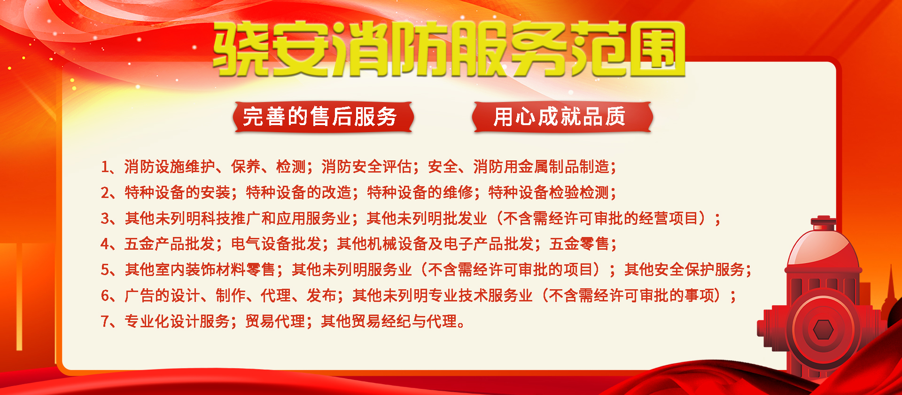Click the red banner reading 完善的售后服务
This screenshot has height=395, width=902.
click(323, 117)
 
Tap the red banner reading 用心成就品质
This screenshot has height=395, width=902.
click(562, 117)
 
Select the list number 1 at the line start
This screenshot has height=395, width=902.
click(106, 167)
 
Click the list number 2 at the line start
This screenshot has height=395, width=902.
click(106, 193)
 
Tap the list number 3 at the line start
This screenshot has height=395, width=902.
click(106, 219)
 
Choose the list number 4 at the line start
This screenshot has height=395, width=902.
click(106, 244)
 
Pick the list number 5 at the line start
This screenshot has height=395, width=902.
click(106, 270)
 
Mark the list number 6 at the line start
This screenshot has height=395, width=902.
click(106, 296)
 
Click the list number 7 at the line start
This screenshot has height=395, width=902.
click(106, 322)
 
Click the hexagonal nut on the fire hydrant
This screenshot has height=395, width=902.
click(823, 329)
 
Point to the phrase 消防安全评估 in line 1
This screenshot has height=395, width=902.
click(366, 167)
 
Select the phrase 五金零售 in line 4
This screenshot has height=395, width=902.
click(579, 244)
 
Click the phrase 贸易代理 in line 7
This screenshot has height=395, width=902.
click(275, 322)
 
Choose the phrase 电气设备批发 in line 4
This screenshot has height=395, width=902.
click(276, 244)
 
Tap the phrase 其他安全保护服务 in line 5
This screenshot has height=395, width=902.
click(684, 270)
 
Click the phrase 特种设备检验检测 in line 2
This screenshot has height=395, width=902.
click(549, 193)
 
